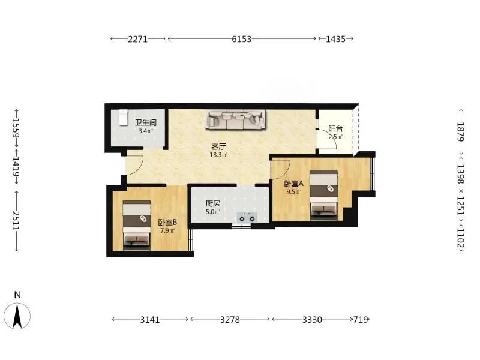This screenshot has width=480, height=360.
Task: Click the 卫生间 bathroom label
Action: click(146, 122)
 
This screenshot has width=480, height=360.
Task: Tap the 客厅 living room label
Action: click(218, 146)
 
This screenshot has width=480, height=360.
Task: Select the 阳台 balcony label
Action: click(335, 128)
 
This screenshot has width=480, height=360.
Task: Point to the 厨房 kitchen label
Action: click(213, 203)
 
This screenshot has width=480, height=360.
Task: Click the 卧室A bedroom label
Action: click(293, 184)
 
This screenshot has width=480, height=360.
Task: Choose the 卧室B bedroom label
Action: click(167, 222)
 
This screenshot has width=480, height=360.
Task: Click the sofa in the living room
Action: click(235, 119)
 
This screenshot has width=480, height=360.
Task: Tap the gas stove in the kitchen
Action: click(247, 217)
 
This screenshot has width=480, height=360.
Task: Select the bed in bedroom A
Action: click(323, 196)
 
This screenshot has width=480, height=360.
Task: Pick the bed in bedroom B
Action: click(137, 226)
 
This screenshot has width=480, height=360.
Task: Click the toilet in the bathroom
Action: click(123, 117)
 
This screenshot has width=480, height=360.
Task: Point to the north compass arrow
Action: click(17, 316)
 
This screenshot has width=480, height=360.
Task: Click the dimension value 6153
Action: click(242, 39)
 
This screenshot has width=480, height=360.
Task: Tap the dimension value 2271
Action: click(138, 39)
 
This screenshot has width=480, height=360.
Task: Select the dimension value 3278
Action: click(230, 320)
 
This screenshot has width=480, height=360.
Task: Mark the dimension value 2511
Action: click(16, 220)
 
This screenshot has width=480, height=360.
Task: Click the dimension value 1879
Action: click(461, 132)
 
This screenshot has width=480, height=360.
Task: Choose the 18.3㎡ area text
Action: click(218, 155)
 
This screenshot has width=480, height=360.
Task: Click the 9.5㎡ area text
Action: click(293, 192)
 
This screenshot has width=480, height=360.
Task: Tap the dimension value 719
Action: click(361, 320)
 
